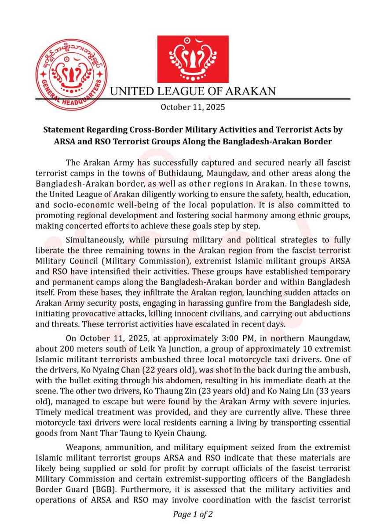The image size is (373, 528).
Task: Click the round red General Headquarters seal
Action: [72, 75]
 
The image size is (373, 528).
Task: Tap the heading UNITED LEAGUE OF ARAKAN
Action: [193, 92]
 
